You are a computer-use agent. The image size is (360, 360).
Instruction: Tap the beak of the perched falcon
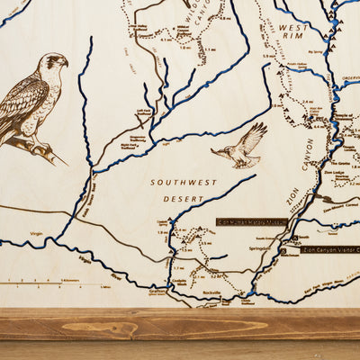(x=65, y=64)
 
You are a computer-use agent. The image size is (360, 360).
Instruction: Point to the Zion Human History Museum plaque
(x=252, y=221)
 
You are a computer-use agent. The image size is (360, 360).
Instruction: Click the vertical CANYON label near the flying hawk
(x=308, y=155)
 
